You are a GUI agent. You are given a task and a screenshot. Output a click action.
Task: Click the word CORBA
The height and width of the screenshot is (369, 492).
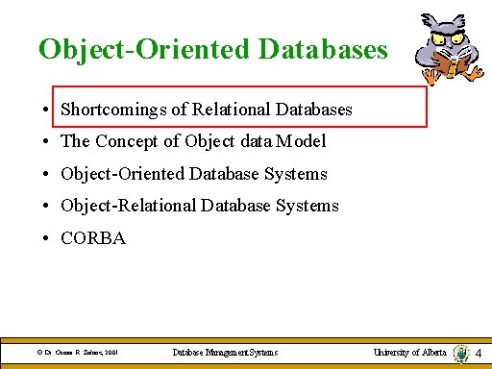pos(93,237)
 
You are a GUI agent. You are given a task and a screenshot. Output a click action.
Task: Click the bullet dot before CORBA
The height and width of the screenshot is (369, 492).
pos(45,238)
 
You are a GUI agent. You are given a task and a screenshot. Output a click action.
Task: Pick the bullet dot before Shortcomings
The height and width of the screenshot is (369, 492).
pos(45,111)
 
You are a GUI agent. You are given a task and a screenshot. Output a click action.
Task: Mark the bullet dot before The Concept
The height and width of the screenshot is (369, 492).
pos(45,142)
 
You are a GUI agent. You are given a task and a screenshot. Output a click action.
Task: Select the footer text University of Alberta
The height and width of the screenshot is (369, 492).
pos(409,353)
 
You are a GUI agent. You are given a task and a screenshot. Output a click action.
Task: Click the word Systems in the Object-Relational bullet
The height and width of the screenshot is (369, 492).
pos(307,206)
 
